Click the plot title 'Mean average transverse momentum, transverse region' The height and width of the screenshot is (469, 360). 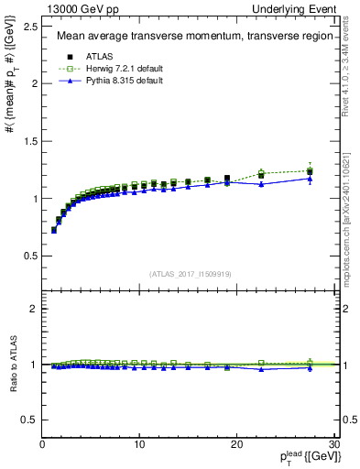tap(188, 37)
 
